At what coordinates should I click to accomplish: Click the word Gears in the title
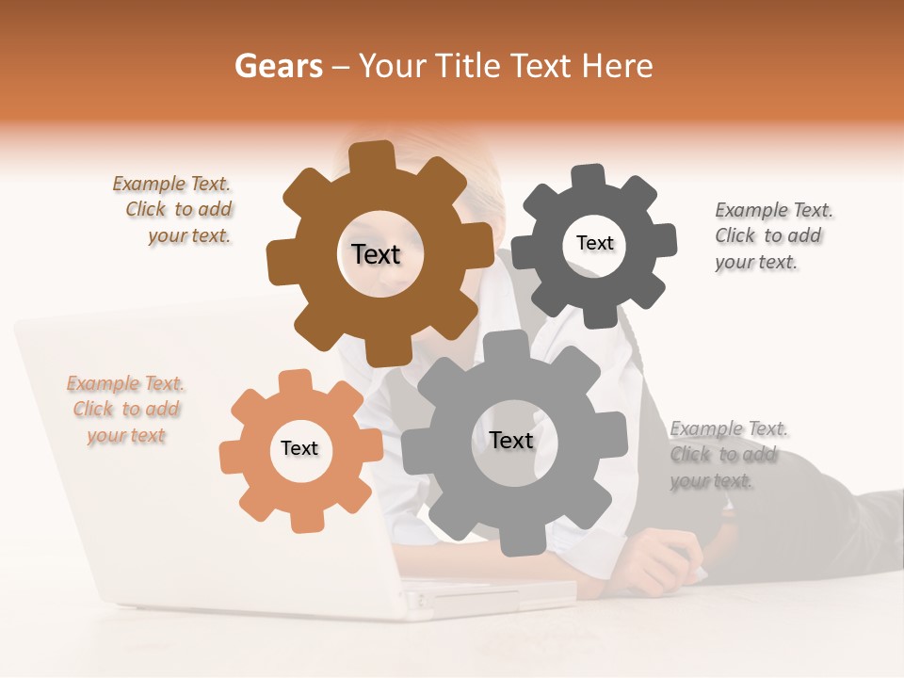278,66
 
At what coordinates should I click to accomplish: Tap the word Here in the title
617,66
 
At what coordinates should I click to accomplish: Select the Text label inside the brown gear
376,254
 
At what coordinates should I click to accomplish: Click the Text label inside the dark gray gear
594,243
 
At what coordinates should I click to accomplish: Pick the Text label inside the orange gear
299,448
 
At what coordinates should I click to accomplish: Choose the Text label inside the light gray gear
511,440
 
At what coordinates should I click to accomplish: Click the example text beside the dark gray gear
772,235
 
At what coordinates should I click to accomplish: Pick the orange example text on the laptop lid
125,410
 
